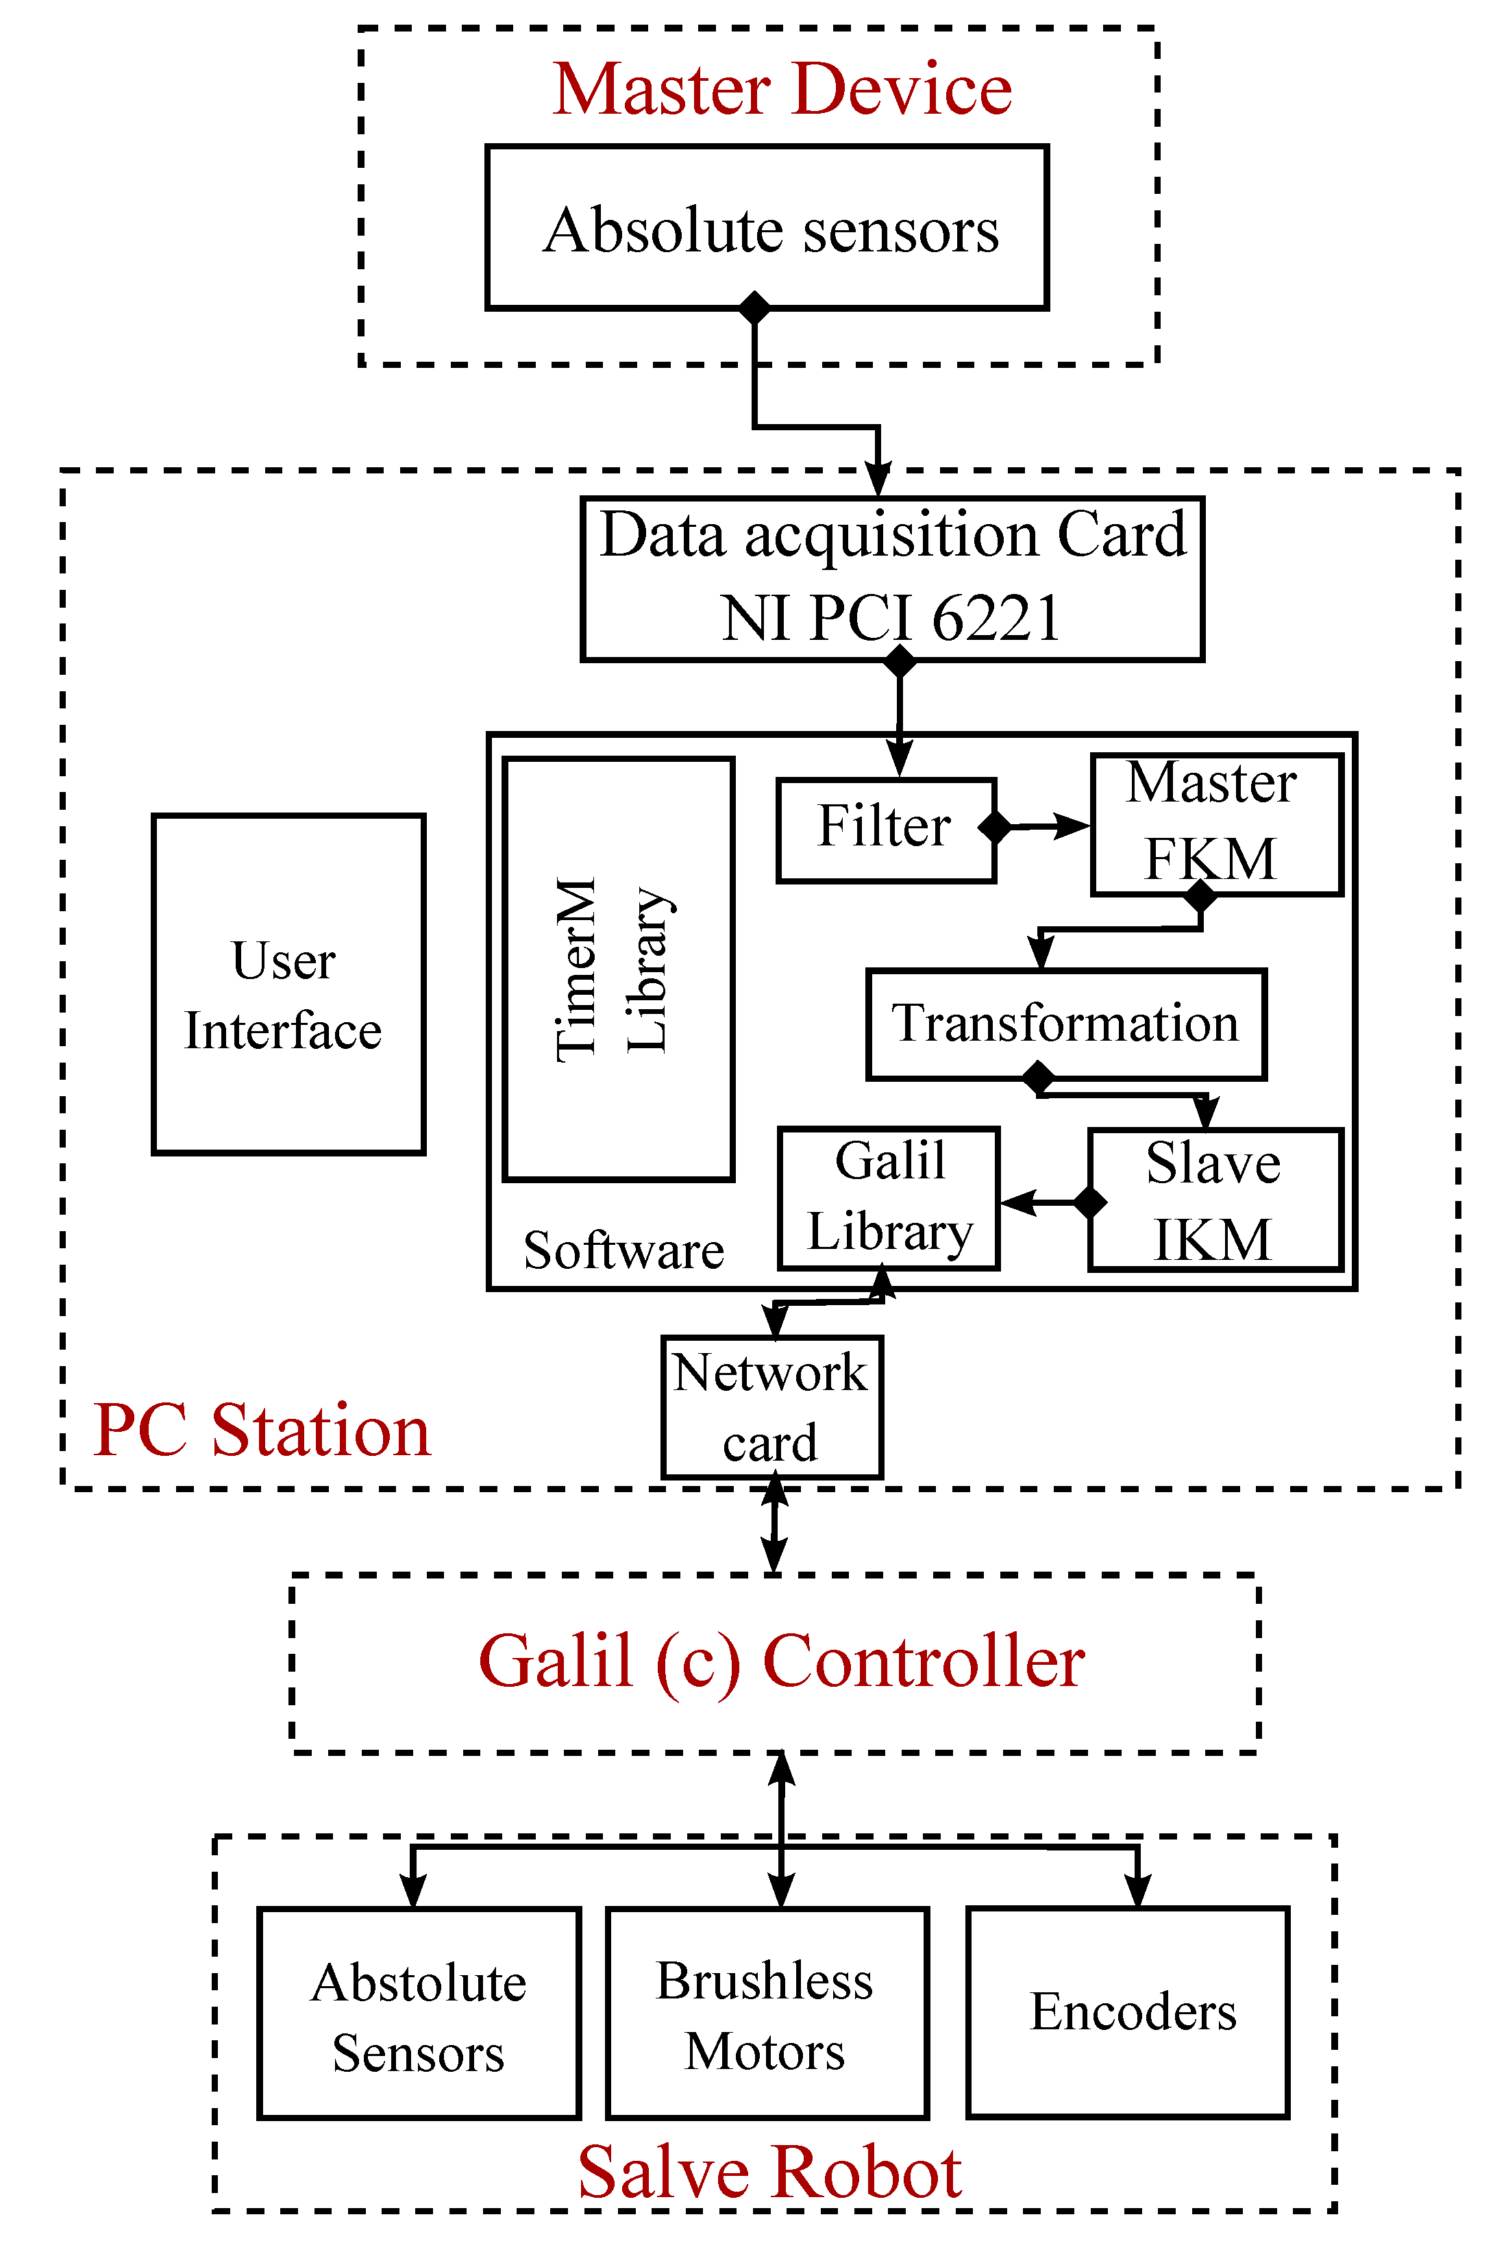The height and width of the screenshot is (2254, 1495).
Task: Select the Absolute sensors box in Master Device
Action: (x=767, y=228)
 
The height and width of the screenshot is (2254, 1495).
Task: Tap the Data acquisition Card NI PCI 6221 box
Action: (x=893, y=578)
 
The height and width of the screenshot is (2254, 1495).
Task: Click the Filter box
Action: (x=886, y=830)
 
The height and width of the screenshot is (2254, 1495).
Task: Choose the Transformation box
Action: (x=1066, y=1024)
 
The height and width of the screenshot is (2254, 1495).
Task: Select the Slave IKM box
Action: (x=1215, y=1200)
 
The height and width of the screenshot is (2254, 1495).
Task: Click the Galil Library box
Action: (x=889, y=1198)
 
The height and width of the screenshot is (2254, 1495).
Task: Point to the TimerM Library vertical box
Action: (x=618, y=969)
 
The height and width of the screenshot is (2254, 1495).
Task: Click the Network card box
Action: (x=771, y=1407)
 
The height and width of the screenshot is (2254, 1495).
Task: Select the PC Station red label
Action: (x=262, y=1431)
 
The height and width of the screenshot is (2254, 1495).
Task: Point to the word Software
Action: (x=623, y=1250)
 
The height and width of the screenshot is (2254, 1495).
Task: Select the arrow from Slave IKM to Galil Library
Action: (x=1044, y=1202)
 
